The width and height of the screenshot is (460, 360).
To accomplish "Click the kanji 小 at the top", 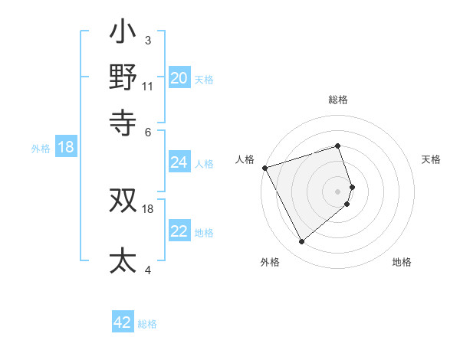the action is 123,34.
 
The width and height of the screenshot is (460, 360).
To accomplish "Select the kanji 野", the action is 123,77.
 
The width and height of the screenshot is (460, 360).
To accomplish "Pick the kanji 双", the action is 123,201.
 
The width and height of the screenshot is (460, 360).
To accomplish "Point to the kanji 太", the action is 123,260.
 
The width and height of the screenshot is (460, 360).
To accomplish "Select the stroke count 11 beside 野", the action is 148,86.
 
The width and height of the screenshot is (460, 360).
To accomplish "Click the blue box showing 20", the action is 179,78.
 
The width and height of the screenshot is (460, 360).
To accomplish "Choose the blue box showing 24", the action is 179,162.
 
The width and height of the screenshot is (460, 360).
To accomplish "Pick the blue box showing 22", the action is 179,231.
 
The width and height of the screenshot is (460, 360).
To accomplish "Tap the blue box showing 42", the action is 123,322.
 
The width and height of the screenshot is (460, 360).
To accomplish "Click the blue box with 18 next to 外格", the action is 66,147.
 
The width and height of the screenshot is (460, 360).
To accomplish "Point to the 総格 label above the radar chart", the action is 338,100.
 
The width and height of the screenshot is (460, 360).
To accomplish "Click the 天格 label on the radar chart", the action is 431,159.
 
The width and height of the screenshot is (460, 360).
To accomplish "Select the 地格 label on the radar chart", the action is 402,262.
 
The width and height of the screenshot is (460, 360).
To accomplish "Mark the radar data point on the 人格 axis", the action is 264,167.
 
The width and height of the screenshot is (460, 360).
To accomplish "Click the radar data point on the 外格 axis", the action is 301,242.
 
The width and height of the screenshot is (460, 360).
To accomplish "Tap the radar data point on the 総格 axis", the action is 338,146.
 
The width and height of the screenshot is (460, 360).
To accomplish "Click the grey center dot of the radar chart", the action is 338,191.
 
